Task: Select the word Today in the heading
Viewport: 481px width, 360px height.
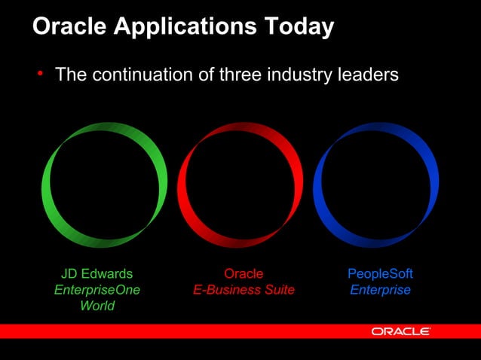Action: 296,27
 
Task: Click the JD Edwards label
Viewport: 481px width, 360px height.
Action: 97,273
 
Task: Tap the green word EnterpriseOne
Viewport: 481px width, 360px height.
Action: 97,290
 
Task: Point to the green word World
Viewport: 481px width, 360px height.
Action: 97,306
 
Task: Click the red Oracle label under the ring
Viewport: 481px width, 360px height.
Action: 244,273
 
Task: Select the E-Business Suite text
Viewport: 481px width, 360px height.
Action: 244,290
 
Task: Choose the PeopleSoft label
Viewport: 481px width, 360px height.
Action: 380,273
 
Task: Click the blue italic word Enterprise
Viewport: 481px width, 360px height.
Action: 380,290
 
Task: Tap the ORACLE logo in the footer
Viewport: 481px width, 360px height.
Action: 400,331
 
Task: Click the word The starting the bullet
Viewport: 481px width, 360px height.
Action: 69,75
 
